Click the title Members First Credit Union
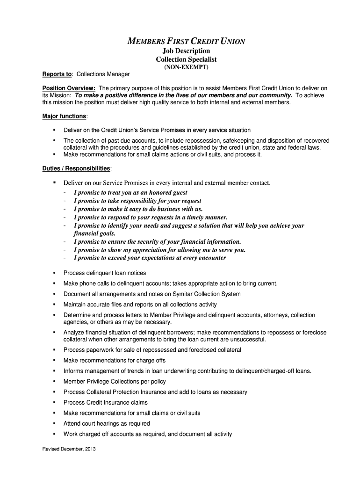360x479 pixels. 186,41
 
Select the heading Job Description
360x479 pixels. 186,51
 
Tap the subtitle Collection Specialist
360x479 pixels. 186,59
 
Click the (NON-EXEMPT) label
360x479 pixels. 186,67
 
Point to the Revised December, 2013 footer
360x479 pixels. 69,450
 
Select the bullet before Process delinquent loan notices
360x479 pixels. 54,273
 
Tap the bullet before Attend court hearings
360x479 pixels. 54,423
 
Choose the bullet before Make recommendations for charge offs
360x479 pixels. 54,360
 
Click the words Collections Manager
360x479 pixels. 103,74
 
